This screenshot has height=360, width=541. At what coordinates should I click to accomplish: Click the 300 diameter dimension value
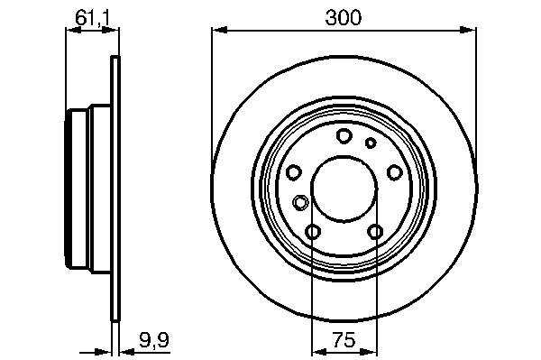[343, 18]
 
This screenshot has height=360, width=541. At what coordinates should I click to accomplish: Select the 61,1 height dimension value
[92, 18]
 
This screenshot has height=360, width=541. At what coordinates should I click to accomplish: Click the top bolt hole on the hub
[344, 136]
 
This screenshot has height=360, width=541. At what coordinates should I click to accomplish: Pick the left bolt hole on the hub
[294, 172]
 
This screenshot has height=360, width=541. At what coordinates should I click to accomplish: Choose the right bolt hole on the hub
[394, 172]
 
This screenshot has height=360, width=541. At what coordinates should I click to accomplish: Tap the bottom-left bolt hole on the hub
[313, 232]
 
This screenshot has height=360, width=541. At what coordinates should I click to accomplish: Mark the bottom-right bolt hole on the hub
[375, 232]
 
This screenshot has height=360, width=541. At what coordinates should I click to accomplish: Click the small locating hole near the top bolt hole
[371, 143]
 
